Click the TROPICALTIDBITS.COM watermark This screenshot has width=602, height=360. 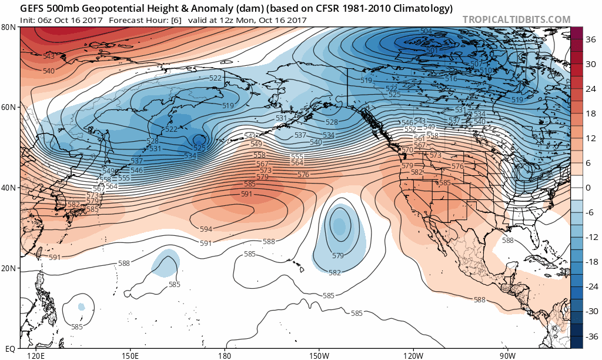tap(516, 19)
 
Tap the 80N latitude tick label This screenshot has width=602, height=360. tap(8, 28)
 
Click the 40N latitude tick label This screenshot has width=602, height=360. tap(8, 188)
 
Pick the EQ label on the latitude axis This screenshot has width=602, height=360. tap(10, 349)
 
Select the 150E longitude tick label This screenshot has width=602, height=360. tap(129, 356)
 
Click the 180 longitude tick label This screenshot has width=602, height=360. tap(224, 356)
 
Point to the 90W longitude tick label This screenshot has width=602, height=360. tap(508, 356)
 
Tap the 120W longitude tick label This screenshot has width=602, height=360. tap(413, 356)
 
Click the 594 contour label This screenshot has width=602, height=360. tap(206, 229)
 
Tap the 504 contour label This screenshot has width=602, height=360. tap(426, 31)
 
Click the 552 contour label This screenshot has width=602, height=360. tap(410, 129)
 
